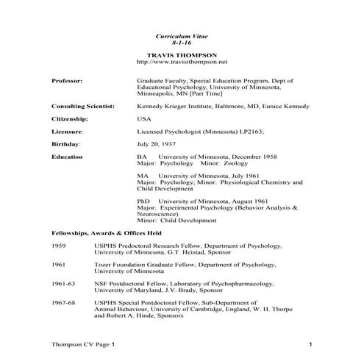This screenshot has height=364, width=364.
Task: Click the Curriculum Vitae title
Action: (182, 35)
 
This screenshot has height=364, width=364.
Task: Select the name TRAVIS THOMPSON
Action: (182, 55)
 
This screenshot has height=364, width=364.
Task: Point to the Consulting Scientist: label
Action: (83, 106)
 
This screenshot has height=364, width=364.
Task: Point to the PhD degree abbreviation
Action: (145, 201)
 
